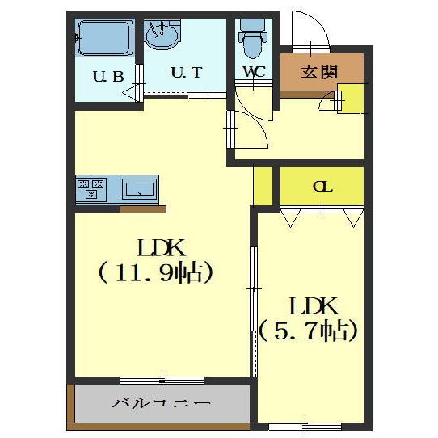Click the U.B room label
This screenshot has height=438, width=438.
(107, 78)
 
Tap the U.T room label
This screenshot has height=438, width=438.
(186, 72)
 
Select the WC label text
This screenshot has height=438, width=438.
(255, 72)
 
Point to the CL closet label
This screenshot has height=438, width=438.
(322, 187)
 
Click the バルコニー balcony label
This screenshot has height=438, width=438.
(162, 403)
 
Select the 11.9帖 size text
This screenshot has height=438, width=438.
(156, 273)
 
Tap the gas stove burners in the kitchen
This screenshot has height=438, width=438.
(91, 190)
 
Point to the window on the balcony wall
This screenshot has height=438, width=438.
(162, 379)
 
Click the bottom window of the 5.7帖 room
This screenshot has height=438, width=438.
(305, 425)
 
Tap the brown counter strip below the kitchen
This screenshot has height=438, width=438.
(143, 209)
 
